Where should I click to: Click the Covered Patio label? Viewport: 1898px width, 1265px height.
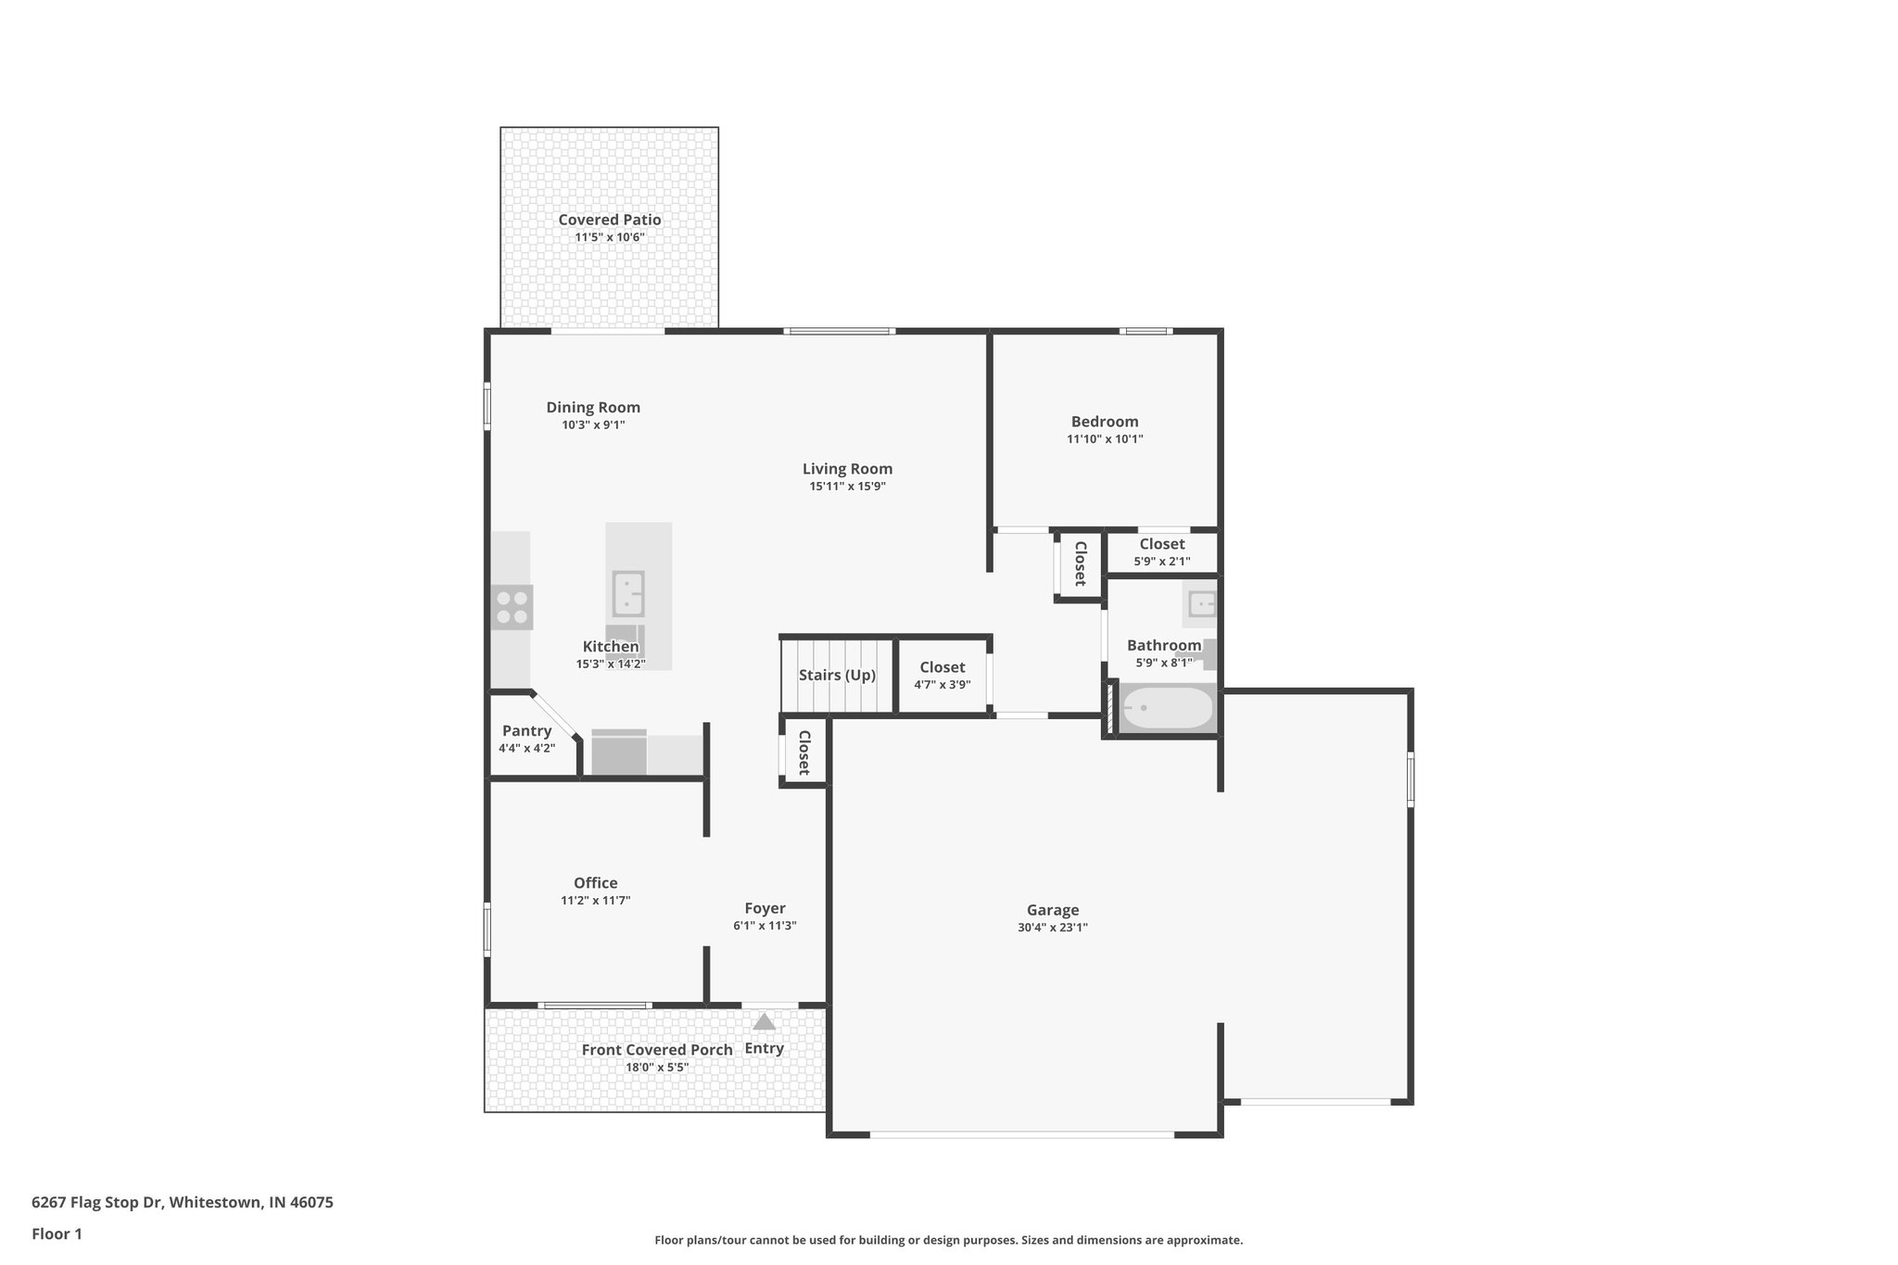click(x=609, y=220)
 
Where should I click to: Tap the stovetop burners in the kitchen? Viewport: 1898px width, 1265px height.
click(x=512, y=608)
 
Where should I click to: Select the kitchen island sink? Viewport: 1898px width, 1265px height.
click(x=628, y=594)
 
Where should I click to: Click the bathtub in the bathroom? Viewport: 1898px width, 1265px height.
click(x=1167, y=708)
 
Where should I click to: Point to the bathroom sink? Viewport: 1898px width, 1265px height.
click(x=1201, y=605)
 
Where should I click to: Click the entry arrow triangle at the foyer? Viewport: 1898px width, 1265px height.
click(x=764, y=1022)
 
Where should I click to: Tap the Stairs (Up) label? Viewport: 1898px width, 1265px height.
click(x=837, y=675)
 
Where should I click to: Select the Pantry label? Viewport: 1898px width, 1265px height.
click(x=526, y=730)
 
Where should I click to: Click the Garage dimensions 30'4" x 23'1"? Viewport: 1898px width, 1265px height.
click(x=1052, y=927)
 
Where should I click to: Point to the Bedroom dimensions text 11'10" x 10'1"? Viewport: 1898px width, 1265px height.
click(x=1105, y=439)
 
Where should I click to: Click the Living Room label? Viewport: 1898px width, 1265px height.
click(x=847, y=469)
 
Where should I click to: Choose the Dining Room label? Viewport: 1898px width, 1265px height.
click(x=593, y=407)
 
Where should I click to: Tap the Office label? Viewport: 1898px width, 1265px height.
click(x=595, y=883)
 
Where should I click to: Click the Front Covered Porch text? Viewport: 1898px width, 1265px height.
click(x=656, y=1050)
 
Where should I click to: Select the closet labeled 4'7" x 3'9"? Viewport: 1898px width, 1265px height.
click(x=942, y=676)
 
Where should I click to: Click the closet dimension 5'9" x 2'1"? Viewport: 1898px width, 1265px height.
click(x=1162, y=562)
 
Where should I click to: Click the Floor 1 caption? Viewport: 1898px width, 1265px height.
click(x=57, y=1233)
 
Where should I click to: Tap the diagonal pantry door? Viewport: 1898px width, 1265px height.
click(x=555, y=715)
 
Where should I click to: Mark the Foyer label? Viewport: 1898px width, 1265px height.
click(x=765, y=908)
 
